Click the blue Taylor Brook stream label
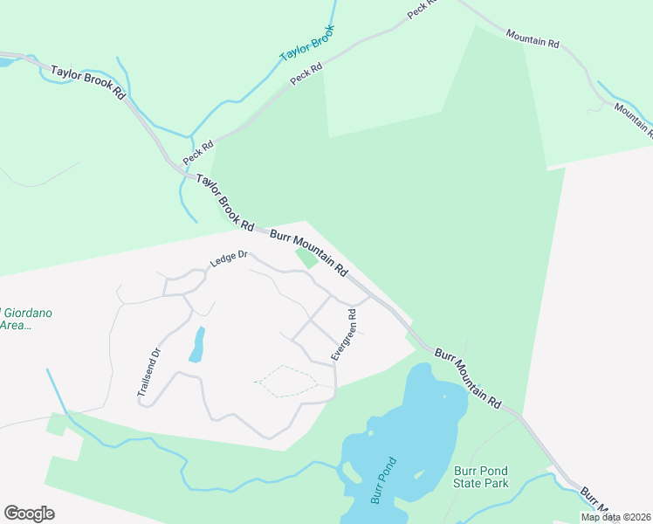307,43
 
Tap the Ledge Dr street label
229,259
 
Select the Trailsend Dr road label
149,374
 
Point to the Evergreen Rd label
342,334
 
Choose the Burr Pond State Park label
481,477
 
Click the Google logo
29,513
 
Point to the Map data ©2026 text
615,517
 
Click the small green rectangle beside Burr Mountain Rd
306,258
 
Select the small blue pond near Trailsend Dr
197,345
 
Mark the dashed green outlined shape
286,381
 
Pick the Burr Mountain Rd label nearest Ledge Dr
309,252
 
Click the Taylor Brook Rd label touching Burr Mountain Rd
225,203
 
